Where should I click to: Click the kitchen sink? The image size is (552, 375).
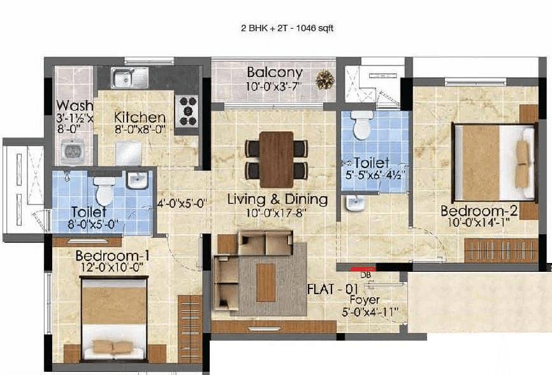[129, 78]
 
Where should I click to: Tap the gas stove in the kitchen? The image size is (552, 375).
[187, 111]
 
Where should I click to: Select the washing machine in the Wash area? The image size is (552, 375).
[73, 152]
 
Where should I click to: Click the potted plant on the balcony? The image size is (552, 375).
[324, 79]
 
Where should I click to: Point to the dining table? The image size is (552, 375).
[277, 159]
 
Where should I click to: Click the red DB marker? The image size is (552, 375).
[363, 269]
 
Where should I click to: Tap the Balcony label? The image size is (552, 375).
[275, 72]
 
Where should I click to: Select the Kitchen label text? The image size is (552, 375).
[140, 118]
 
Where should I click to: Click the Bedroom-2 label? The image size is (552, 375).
[479, 211]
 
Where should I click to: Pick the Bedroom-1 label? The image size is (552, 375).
[112, 256]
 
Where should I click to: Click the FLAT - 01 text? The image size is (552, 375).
[333, 289]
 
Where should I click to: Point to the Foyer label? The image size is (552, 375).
[365, 300]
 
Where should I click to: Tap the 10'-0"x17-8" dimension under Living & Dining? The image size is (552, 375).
[276, 213]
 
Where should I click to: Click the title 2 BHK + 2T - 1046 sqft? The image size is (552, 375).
[287, 29]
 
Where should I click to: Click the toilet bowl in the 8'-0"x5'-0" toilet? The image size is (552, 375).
[104, 192]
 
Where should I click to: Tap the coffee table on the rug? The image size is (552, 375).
[266, 283]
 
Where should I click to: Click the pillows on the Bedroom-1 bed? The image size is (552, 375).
[112, 347]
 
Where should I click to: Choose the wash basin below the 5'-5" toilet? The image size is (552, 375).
[354, 203]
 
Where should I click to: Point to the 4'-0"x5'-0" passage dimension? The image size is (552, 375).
[181, 204]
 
